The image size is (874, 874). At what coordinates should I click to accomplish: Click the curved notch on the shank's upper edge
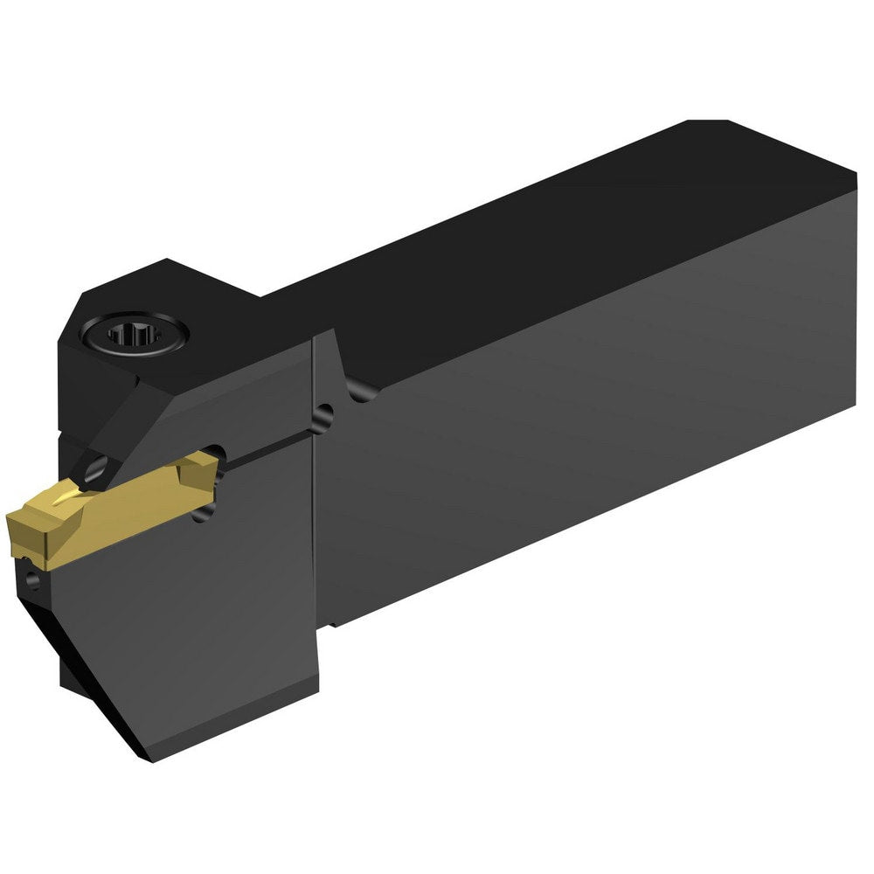pos(354,390)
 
